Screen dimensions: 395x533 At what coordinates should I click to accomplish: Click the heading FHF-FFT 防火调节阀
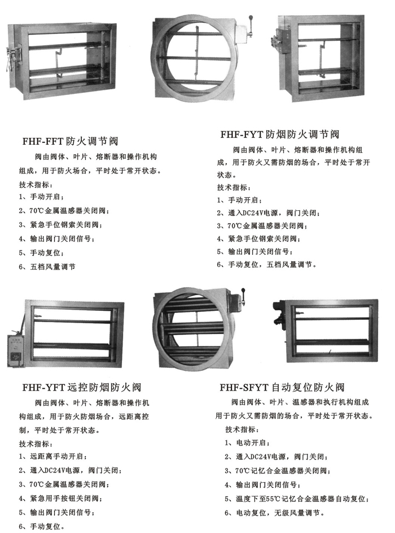pos(70,141)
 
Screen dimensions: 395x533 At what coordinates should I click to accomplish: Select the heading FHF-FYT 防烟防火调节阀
pos(280,135)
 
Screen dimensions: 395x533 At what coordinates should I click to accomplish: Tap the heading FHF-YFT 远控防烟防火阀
pos(82,387)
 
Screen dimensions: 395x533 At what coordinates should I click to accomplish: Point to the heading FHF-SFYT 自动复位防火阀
pos(282,387)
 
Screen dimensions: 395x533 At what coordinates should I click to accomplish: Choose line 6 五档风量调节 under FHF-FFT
pos(47,267)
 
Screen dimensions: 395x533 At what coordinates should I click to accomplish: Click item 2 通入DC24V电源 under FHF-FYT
pos(268,213)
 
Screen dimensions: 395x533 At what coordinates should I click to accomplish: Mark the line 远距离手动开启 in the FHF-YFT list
pos(53,456)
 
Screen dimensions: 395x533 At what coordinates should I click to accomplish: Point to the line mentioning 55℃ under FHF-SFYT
pos(297,499)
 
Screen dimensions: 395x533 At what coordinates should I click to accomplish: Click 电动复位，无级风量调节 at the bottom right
pos(275,513)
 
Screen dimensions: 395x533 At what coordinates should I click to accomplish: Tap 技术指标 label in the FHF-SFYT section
pos(242,430)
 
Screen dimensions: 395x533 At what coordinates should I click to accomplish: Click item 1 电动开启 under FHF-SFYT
pos(247,443)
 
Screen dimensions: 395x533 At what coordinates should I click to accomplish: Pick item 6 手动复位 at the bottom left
pos(41,527)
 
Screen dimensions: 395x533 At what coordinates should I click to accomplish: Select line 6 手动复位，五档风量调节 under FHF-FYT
pos(267,265)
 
